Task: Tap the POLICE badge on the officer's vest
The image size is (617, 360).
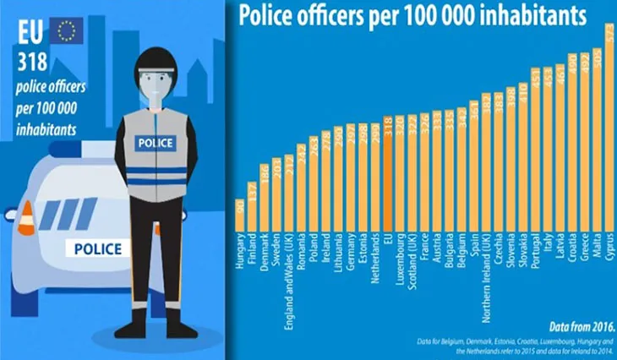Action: (x=155, y=143)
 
